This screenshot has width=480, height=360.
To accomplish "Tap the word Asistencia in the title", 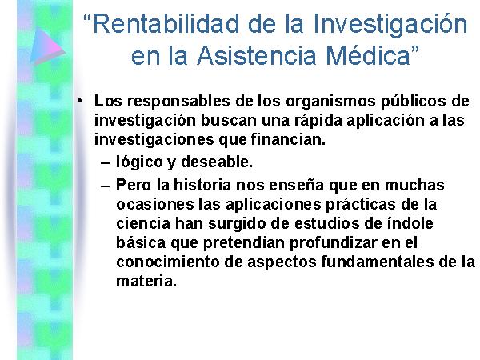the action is [257, 56].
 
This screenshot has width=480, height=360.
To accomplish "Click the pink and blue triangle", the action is [47, 46].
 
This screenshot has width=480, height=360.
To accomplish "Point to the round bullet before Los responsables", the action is [80, 101].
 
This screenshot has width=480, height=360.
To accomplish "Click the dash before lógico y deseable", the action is [105, 163].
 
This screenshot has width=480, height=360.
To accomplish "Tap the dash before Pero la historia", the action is [105, 186].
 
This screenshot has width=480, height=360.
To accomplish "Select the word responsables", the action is [178, 102].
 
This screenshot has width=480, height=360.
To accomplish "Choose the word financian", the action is [288, 140].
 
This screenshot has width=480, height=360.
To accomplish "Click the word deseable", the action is [217, 162].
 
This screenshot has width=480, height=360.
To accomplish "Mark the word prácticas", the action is [360, 205].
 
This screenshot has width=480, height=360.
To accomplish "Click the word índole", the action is [410, 223].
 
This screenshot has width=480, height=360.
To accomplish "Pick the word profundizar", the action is [333, 243].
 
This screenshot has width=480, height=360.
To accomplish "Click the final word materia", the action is [146, 281].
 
